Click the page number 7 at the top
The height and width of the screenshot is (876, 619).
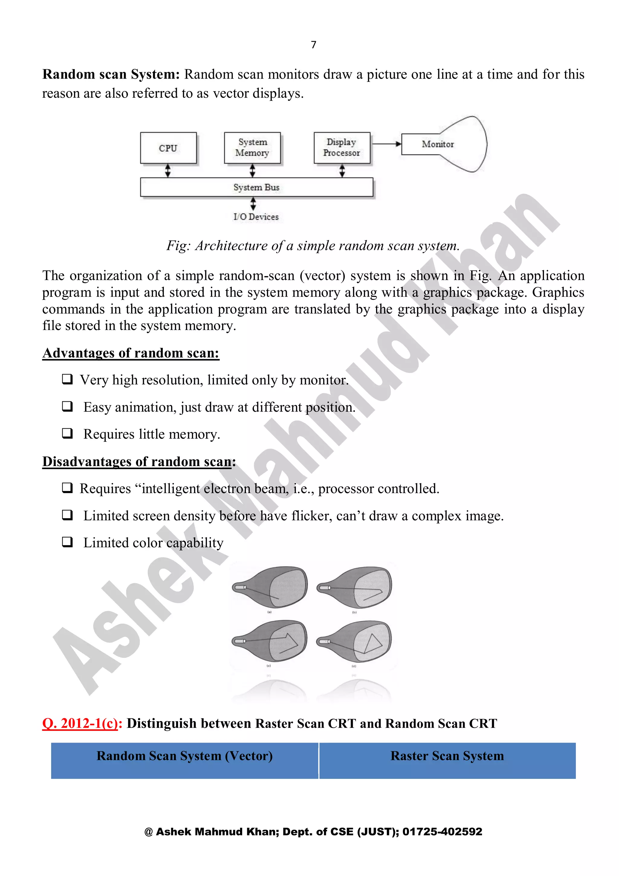click(313, 45)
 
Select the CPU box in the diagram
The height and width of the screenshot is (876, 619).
click(168, 148)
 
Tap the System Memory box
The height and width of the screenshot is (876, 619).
click(252, 148)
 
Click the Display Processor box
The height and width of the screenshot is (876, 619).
click(342, 148)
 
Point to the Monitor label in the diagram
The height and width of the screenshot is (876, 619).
click(438, 144)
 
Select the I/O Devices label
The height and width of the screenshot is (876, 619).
click(256, 217)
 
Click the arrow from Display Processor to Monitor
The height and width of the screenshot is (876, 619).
click(386, 144)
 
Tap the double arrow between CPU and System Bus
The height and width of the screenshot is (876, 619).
click(168, 171)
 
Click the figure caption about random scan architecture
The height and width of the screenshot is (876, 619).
click(313, 246)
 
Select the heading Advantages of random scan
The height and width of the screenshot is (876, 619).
click(131, 353)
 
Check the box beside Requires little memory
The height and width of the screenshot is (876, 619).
click(67, 433)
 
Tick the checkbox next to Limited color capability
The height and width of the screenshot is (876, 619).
click(67, 542)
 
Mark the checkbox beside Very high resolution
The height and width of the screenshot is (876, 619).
click(67, 379)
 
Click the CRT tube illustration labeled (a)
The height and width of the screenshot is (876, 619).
click(270, 587)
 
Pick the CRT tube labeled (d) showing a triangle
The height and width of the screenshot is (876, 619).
click(355, 641)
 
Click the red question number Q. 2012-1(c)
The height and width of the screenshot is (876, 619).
click(82, 723)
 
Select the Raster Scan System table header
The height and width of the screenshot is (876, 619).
click(447, 756)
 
